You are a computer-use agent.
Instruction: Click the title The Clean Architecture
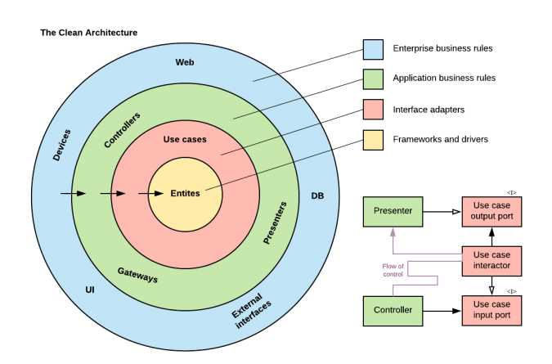[x=88, y=33]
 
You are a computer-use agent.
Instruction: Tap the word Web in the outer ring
[x=184, y=62]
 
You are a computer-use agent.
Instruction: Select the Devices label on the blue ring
[x=61, y=145]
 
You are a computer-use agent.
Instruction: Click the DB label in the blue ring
[x=318, y=195]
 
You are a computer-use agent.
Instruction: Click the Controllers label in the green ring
[x=122, y=129]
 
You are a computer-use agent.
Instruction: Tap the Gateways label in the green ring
[x=137, y=275]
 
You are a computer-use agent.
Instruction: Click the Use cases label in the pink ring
[x=184, y=139]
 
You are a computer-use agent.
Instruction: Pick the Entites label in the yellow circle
[x=186, y=193]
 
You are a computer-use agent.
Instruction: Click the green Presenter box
[x=394, y=213]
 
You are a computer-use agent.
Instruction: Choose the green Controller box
[x=394, y=311]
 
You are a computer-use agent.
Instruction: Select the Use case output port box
[x=491, y=213]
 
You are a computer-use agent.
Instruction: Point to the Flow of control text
[x=393, y=270]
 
